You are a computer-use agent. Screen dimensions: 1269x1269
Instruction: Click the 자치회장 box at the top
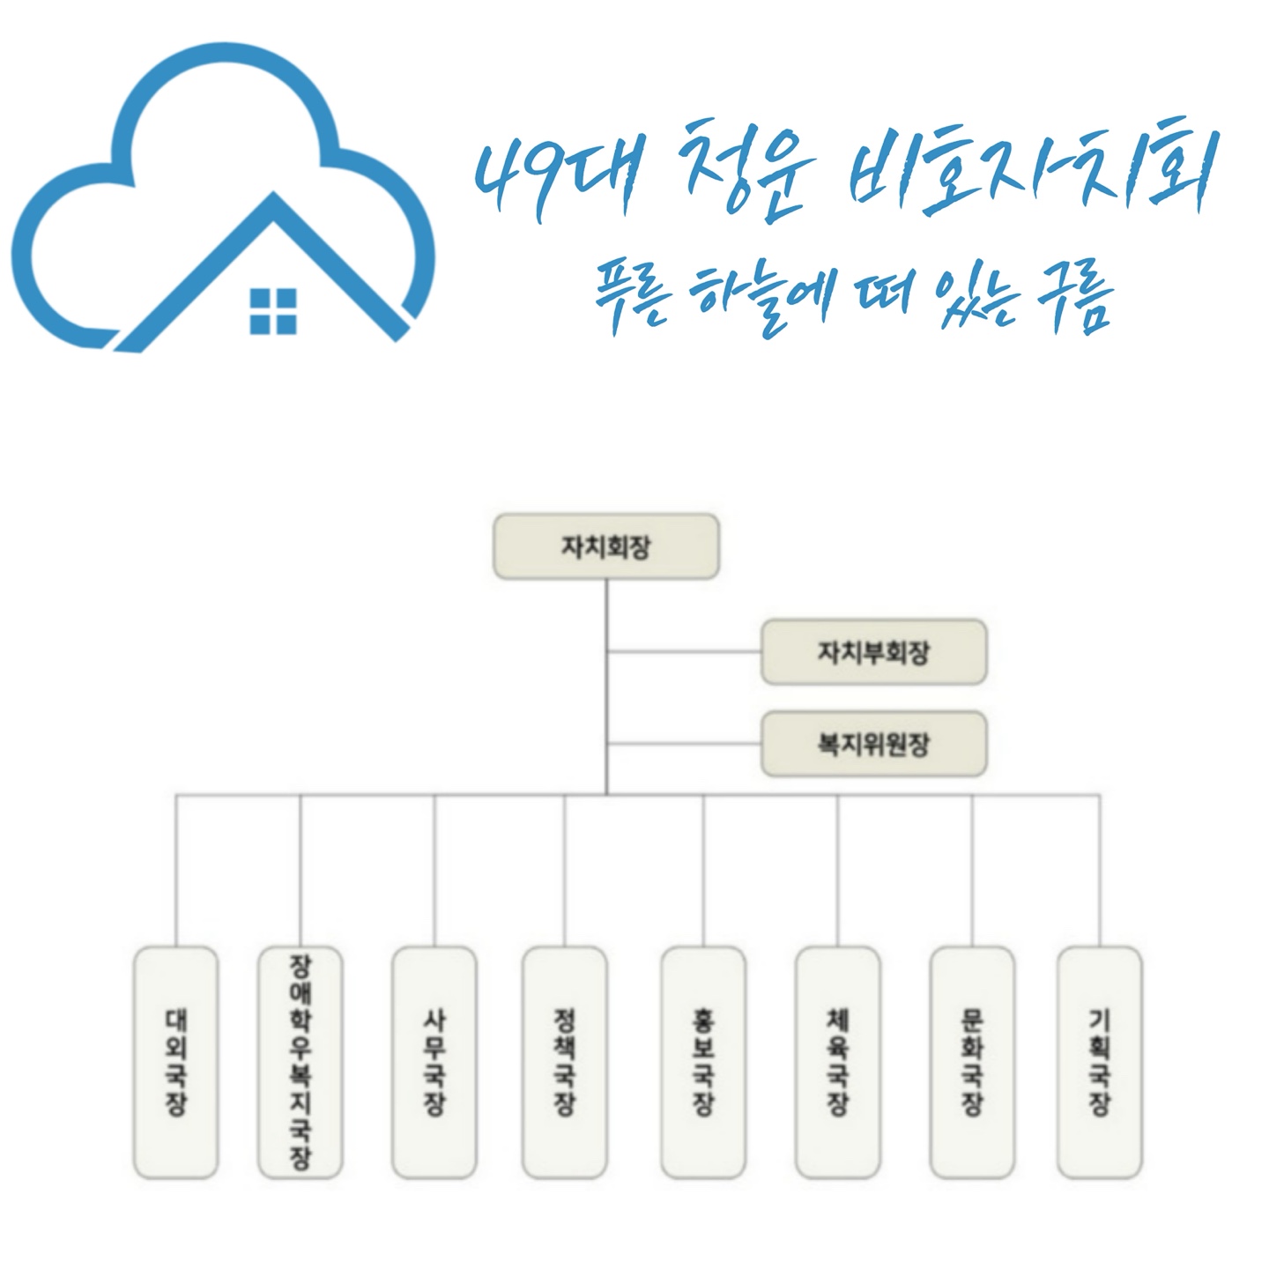tap(605, 547)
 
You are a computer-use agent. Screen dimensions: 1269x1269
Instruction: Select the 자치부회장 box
tap(873, 652)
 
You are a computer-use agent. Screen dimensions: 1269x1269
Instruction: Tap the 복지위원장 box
tap(873, 745)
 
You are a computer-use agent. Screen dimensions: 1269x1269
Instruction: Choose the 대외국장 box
tap(175, 1062)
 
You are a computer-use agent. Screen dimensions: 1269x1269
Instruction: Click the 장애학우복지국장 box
tap(301, 1062)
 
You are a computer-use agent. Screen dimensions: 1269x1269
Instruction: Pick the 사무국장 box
tap(434, 1062)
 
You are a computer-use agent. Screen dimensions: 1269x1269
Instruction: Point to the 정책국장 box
tap(564, 1062)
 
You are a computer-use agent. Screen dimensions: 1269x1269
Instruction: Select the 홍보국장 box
tap(703, 1062)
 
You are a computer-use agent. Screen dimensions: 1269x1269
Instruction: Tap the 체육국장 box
tap(837, 1062)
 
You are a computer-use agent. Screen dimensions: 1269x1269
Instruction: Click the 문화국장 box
tap(972, 1062)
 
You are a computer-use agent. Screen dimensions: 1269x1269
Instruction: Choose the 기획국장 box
tap(1099, 1062)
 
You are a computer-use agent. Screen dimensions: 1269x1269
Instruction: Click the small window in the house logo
tap(273, 311)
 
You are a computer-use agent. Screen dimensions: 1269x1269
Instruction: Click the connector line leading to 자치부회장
tap(684, 652)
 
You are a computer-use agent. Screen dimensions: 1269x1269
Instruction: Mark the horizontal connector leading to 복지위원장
tap(684, 745)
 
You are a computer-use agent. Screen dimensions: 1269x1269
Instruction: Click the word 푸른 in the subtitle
tap(628, 300)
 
